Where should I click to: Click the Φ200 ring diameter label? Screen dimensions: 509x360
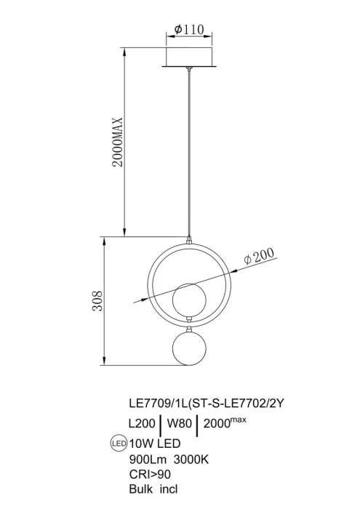click(260, 256)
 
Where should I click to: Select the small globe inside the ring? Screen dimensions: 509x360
click(188, 298)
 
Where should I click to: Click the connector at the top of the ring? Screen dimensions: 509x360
click(188, 240)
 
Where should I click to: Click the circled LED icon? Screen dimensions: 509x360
click(116, 442)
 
